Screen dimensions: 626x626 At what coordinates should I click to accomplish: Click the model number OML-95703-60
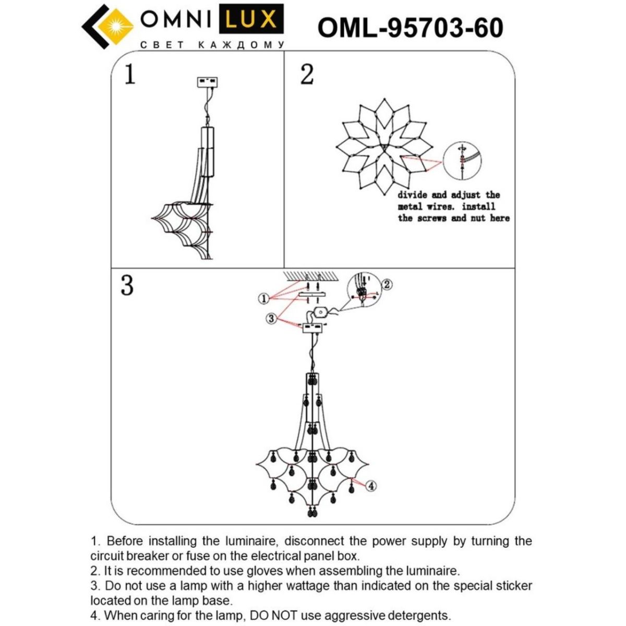(410, 28)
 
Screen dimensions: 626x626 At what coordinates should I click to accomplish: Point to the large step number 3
(127, 285)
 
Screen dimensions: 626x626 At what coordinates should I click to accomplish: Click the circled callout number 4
(370, 486)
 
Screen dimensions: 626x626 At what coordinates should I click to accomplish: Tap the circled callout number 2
(387, 284)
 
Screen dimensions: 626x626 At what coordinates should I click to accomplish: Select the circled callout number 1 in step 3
(264, 298)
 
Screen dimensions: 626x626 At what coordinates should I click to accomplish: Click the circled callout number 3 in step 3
(271, 318)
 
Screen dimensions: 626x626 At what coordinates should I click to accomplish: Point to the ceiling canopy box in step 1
(207, 82)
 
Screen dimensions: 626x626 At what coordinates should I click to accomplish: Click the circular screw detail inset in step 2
(462, 161)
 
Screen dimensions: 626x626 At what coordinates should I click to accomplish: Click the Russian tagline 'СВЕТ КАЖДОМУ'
(212, 45)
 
